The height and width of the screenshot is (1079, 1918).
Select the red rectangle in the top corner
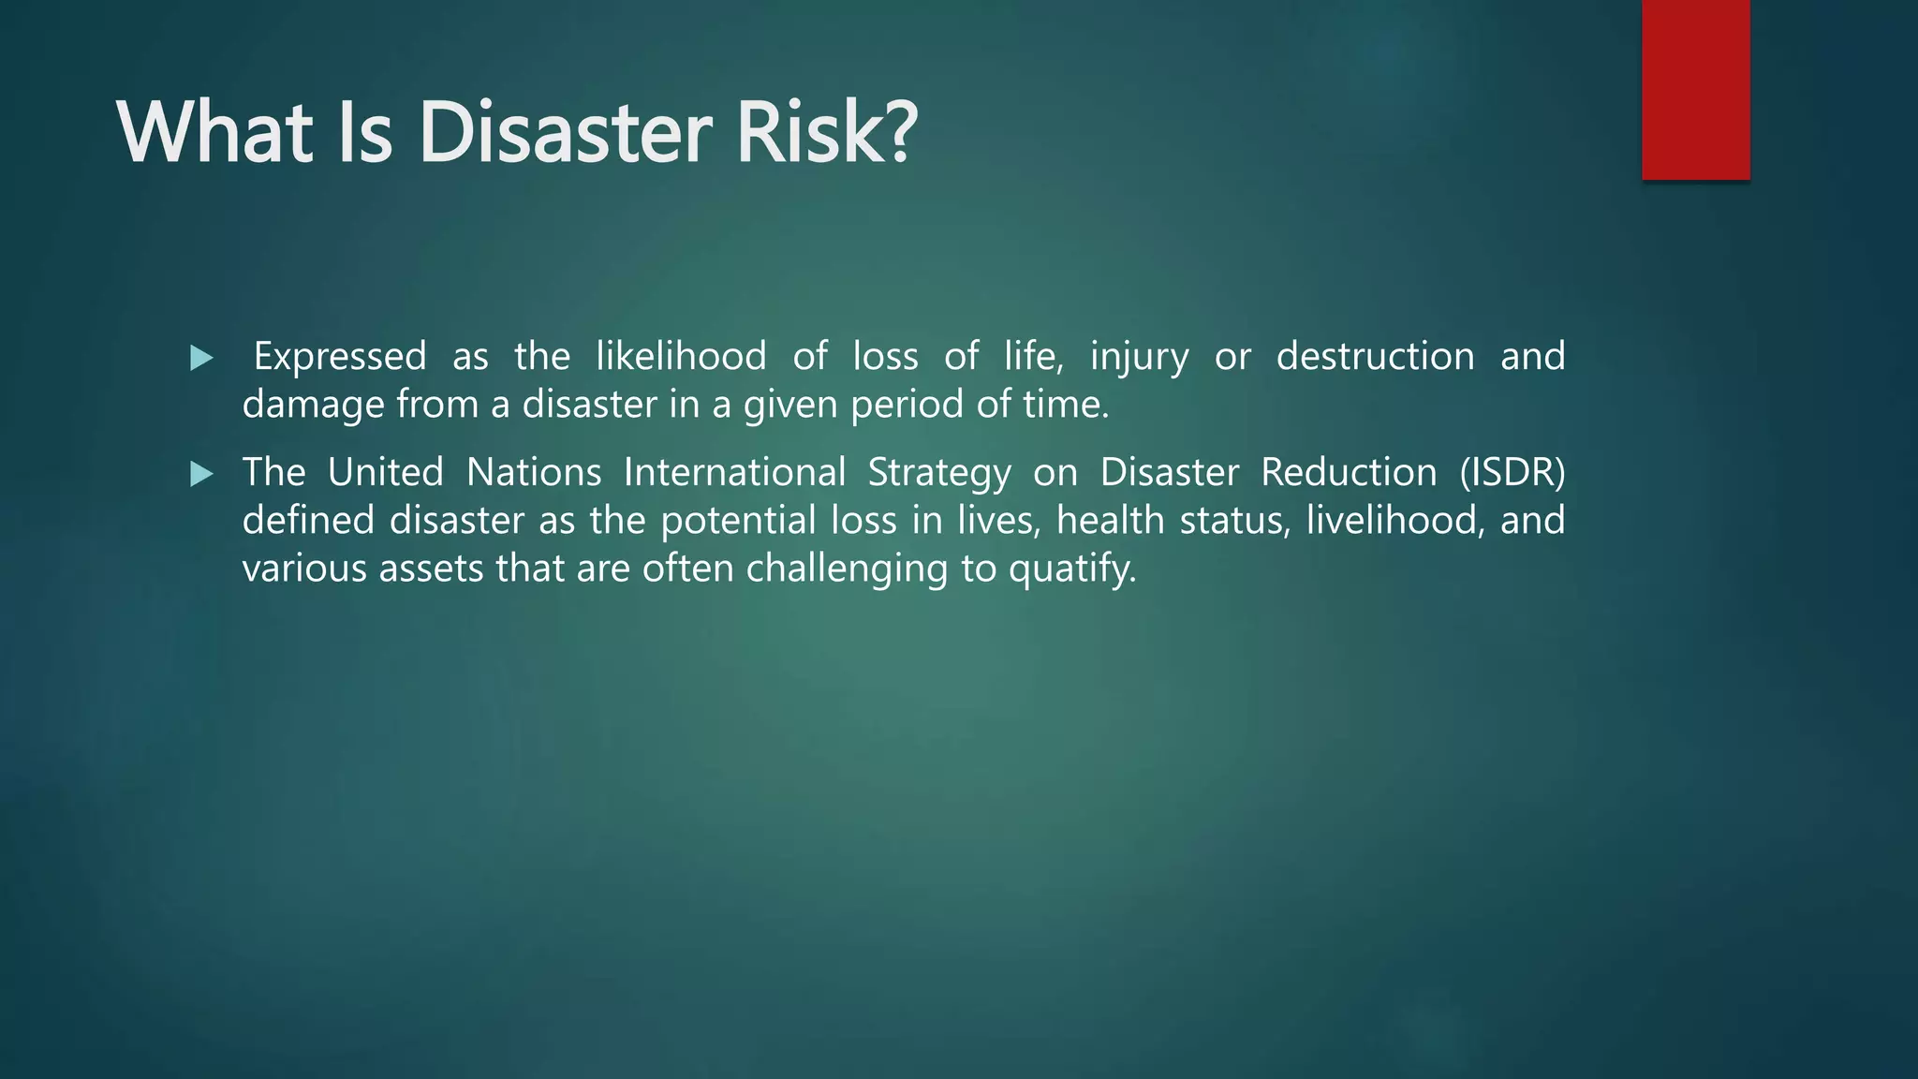pyautogui.click(x=1695, y=89)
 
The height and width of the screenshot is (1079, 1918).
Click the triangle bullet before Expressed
pyautogui.click(x=201, y=358)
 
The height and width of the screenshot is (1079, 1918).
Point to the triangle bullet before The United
pyautogui.click(x=201, y=474)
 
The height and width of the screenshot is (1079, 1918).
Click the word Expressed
pyautogui.click(x=340, y=357)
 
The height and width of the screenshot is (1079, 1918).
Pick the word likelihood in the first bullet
pyautogui.click(x=681, y=357)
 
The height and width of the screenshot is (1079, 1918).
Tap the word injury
pyautogui.click(x=1139, y=357)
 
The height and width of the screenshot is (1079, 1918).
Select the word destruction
pyautogui.click(x=1375, y=357)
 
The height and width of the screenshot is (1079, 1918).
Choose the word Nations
pyautogui.click(x=534, y=472)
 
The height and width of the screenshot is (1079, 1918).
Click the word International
pyautogui.click(x=734, y=472)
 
